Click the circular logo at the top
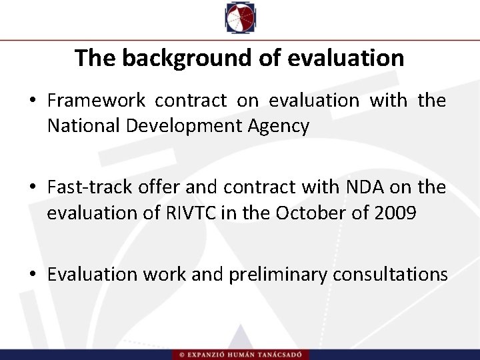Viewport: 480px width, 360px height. (239, 18)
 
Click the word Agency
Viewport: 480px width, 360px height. (283, 125)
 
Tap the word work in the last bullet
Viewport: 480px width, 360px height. (164, 275)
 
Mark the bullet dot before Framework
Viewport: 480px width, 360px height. (32, 101)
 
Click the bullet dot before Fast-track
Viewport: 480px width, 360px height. (32, 188)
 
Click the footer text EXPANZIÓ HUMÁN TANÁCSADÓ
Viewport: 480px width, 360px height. (243, 353)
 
